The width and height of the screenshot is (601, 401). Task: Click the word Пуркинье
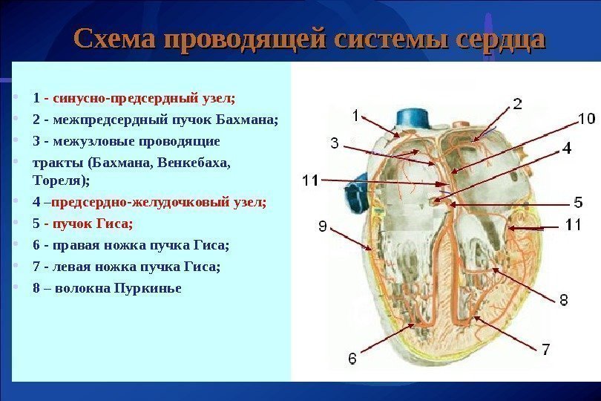[x=148, y=287]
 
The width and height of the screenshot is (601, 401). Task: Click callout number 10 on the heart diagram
[x=586, y=118]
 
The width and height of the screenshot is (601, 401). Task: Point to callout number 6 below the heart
[x=352, y=358]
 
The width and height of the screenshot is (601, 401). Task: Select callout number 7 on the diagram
[x=545, y=348]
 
